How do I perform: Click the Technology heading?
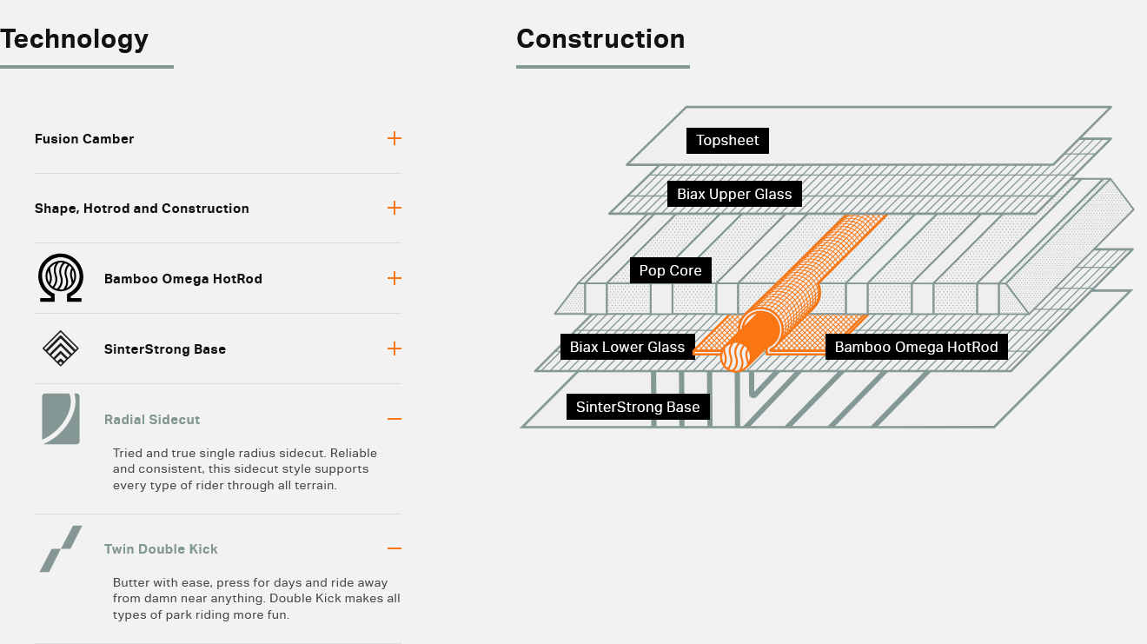(x=75, y=39)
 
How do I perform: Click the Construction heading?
(x=600, y=39)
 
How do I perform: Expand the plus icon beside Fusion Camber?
(x=394, y=138)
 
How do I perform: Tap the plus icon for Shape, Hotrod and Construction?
(x=394, y=208)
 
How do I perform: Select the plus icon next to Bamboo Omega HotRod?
(x=394, y=278)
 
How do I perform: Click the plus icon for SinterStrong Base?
(x=394, y=349)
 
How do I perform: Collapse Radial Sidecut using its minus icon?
(x=394, y=419)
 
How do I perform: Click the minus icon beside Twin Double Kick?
(x=394, y=548)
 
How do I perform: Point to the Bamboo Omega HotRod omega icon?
(x=61, y=278)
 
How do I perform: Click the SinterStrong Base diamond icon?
(x=61, y=349)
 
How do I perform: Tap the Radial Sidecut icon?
(x=61, y=419)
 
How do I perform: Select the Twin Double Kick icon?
(x=61, y=548)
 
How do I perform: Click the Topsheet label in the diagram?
(x=727, y=141)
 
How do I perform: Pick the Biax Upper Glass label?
(x=734, y=195)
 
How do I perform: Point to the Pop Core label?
(x=670, y=270)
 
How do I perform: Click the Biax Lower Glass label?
(x=627, y=348)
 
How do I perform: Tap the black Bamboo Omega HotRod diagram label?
(x=916, y=348)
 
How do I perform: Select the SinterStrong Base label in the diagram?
(x=638, y=407)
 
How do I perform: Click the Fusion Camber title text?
(x=84, y=139)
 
